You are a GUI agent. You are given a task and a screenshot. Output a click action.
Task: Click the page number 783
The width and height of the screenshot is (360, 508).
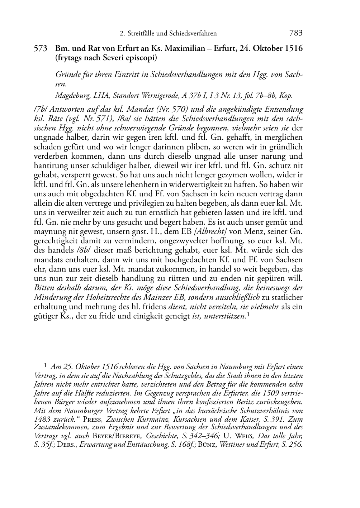pos(296,33)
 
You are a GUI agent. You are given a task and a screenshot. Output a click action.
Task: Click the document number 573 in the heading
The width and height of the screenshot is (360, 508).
pos(41,48)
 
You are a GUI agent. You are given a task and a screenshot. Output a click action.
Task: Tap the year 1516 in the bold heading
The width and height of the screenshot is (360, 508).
pos(293,48)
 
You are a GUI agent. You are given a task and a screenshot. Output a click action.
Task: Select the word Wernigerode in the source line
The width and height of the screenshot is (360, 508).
pos(158,96)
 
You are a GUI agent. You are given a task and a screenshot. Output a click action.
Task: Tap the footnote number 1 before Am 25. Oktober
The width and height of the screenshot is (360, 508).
pos(46,366)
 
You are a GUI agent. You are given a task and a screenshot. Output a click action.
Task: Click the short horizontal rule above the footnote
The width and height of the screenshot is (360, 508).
pos(47,357)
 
